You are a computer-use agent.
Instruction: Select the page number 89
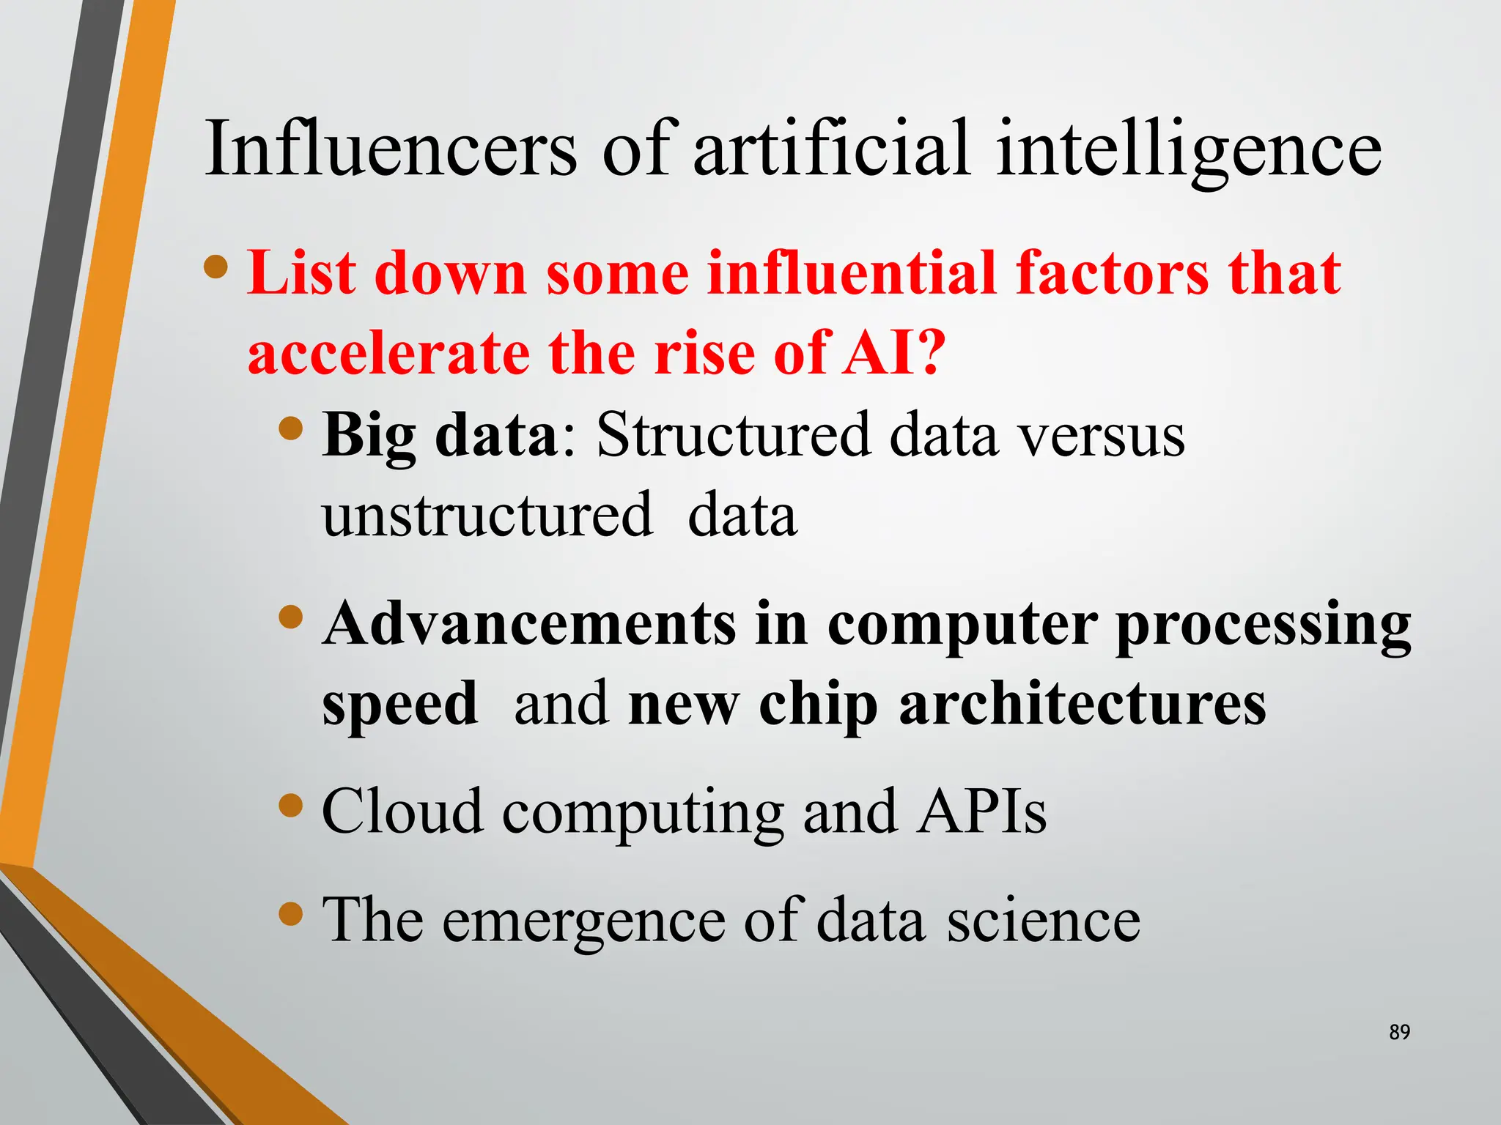point(1399,1032)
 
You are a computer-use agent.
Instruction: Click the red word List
point(302,273)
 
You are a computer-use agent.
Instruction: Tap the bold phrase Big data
point(440,435)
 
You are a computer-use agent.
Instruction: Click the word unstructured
point(487,515)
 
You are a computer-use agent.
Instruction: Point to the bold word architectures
point(1082,704)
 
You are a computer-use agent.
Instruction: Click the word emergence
point(583,921)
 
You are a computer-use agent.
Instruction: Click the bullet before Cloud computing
point(291,806)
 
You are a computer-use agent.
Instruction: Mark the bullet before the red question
point(216,267)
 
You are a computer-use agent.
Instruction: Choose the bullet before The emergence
point(291,914)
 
